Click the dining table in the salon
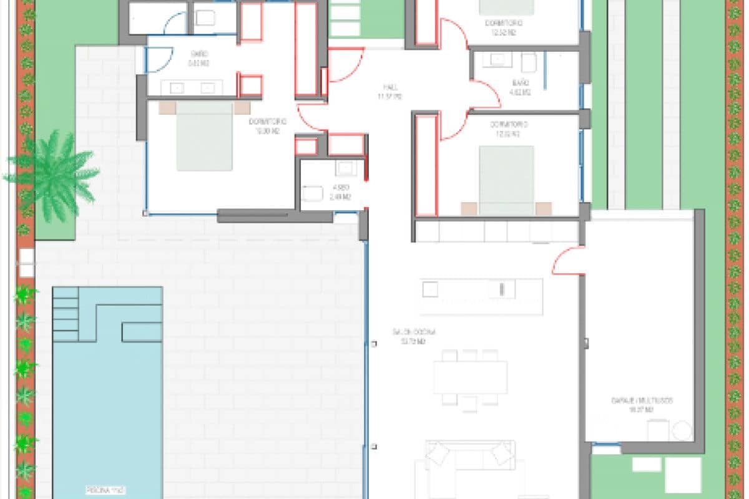pos(471,377)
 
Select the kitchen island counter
pos(481,297)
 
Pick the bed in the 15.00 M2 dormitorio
pos(205,136)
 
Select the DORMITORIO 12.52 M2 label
pos(504,24)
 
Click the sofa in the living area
pos(469,458)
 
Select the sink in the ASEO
pos(345,169)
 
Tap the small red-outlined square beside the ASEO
pos(306,147)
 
